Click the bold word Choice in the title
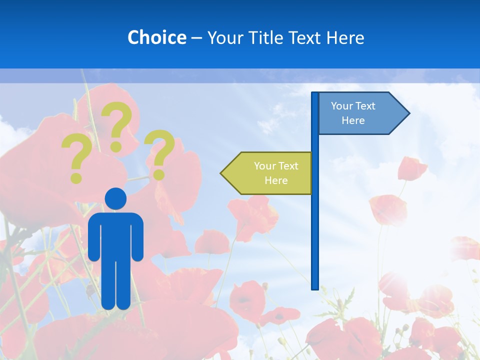click(x=156, y=37)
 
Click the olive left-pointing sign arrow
click(x=270, y=173)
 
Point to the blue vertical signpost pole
click(x=315, y=225)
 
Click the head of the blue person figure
click(x=115, y=198)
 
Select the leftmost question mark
click(x=76, y=157)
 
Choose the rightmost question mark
click(x=159, y=152)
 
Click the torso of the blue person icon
click(x=115, y=235)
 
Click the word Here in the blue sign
click(x=353, y=120)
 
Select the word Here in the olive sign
click(x=276, y=180)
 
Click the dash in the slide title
click(x=196, y=38)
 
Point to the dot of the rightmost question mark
click(x=158, y=175)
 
